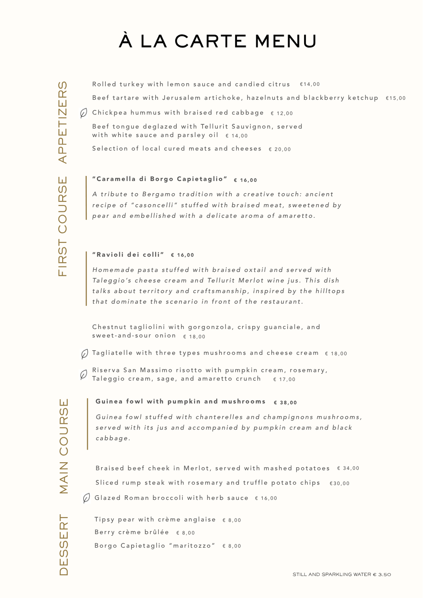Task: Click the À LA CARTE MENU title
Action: pos(217,41)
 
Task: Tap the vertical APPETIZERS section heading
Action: pos(63,122)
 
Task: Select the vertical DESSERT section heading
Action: pos(63,545)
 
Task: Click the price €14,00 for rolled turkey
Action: pos(310,84)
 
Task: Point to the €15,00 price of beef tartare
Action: pos(396,98)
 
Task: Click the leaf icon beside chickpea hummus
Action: pos(84,113)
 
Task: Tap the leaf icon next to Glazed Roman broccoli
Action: pos(86,498)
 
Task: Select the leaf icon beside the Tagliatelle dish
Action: pos(85,354)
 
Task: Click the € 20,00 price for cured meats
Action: pos(280,149)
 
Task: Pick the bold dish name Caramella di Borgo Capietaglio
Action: pos(160,179)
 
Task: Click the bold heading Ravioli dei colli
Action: pos(128,255)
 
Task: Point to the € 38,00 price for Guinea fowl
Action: pos(286,403)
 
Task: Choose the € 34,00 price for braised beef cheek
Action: pos(348,468)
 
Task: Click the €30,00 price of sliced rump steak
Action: pos(340,483)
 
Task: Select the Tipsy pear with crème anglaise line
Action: pos(155,519)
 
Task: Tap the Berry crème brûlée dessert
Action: pos(132,532)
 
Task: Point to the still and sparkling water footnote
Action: pos(342,574)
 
